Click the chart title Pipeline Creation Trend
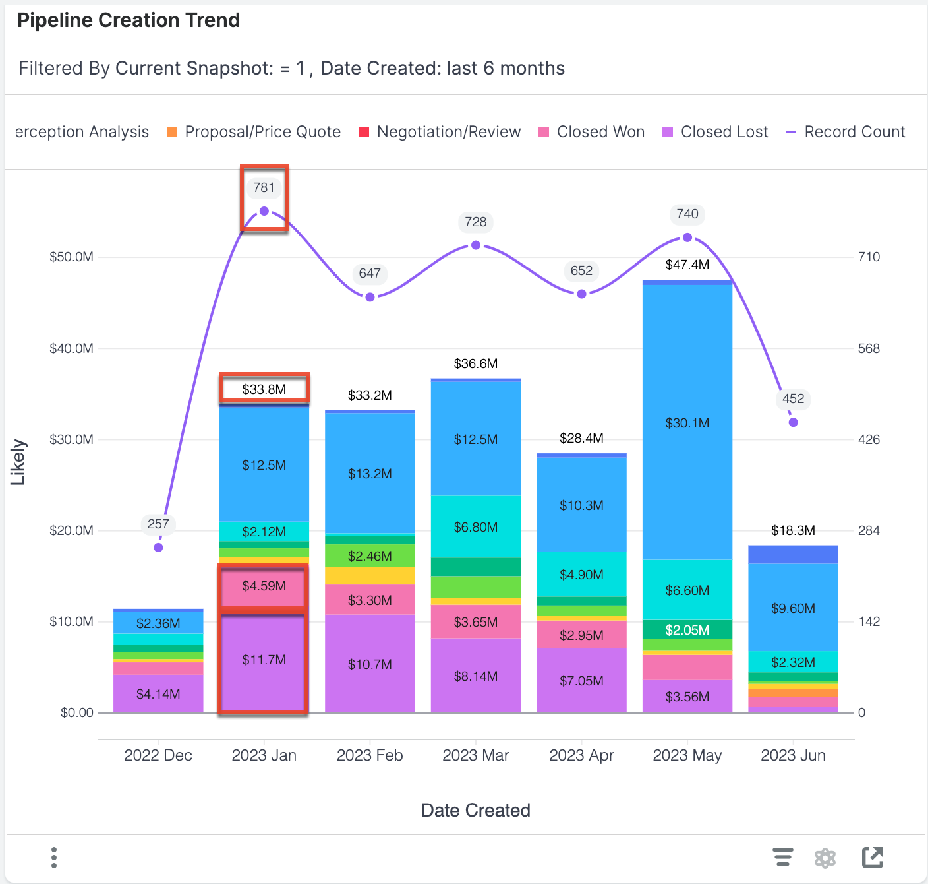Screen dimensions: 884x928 coord(129,20)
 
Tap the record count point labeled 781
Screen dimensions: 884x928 coord(264,211)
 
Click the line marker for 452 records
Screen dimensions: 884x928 coord(793,422)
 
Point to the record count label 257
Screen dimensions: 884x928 coord(158,524)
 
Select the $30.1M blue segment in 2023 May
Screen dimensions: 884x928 coord(687,422)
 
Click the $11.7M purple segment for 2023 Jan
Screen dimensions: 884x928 coord(264,660)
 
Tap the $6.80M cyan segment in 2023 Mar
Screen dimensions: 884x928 coord(475,527)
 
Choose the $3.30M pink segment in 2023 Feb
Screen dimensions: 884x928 coord(370,600)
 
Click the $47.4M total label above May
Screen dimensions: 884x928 coord(687,265)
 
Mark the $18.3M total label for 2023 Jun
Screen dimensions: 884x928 coord(793,530)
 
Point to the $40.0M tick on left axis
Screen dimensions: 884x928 coord(71,348)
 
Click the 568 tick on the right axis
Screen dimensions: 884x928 coord(869,348)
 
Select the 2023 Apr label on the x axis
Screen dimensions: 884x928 coord(581,755)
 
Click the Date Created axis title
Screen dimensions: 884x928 coord(475,810)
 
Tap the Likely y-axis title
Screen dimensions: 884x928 coord(18,462)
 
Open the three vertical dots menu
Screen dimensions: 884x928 coord(54,858)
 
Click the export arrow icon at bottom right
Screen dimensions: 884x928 coord(873,858)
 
